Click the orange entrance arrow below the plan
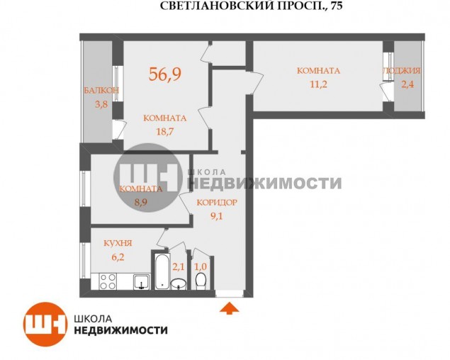click(x=229, y=308)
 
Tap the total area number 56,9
click(x=165, y=74)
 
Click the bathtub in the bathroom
click(x=162, y=271)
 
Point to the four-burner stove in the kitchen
click(x=108, y=281)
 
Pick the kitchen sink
click(x=141, y=281)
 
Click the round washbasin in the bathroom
click(x=178, y=284)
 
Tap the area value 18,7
click(x=165, y=132)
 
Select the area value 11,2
click(x=319, y=84)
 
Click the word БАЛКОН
click(x=101, y=90)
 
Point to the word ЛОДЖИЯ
click(x=402, y=71)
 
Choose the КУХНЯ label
click(x=118, y=243)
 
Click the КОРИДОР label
click(x=217, y=203)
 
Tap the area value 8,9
click(x=141, y=202)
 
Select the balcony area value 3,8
click(x=101, y=104)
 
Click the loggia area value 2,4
click(x=407, y=84)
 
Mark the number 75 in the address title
click(x=337, y=6)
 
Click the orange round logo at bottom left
click(x=45, y=324)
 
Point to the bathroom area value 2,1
click(x=178, y=266)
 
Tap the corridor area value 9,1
click(x=217, y=216)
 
